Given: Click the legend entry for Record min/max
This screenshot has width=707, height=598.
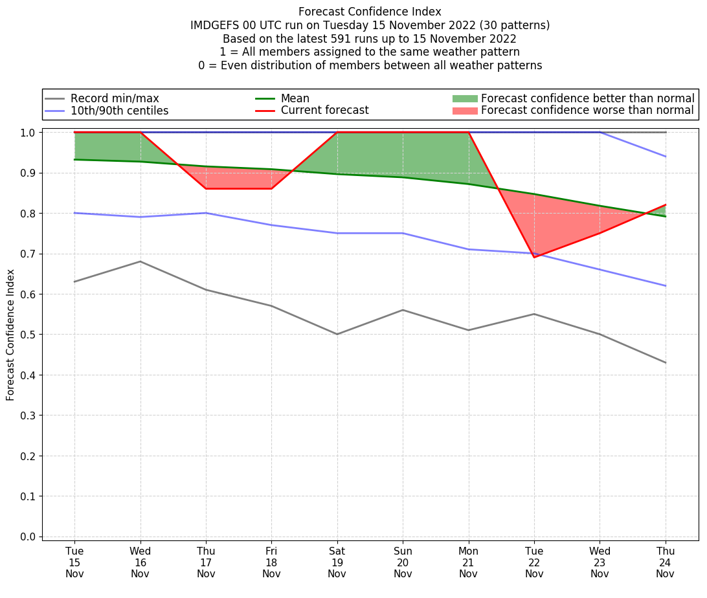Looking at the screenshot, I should (115, 98).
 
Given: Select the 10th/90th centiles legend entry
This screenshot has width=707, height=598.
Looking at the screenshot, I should (119, 111).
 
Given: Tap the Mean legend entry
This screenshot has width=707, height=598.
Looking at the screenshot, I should (295, 98).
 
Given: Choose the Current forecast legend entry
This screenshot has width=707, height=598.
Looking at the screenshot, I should (324, 111).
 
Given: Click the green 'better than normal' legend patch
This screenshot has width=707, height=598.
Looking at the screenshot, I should (464, 98).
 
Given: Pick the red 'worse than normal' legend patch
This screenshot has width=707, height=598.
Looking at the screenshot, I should (464, 111).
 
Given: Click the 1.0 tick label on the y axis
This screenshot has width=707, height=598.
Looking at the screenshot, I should (30, 133).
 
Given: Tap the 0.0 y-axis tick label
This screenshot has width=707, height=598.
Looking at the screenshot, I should (30, 537).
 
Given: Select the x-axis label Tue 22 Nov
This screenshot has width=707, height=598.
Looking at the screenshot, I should (534, 562).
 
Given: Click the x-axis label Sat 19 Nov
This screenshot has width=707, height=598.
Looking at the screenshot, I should (337, 562).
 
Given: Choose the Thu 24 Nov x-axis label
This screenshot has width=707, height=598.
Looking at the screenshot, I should (665, 562).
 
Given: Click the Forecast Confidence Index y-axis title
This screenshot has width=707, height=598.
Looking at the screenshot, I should (11, 335).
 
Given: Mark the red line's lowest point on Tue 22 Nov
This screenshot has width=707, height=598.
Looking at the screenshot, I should (534, 258).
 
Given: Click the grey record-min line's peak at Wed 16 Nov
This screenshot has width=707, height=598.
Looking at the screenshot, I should (140, 261).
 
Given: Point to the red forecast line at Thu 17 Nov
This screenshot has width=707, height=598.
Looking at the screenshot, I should (206, 188).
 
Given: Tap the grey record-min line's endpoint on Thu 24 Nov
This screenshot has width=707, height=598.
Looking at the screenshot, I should (666, 362).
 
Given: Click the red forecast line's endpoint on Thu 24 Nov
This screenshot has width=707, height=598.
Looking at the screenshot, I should (666, 205).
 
